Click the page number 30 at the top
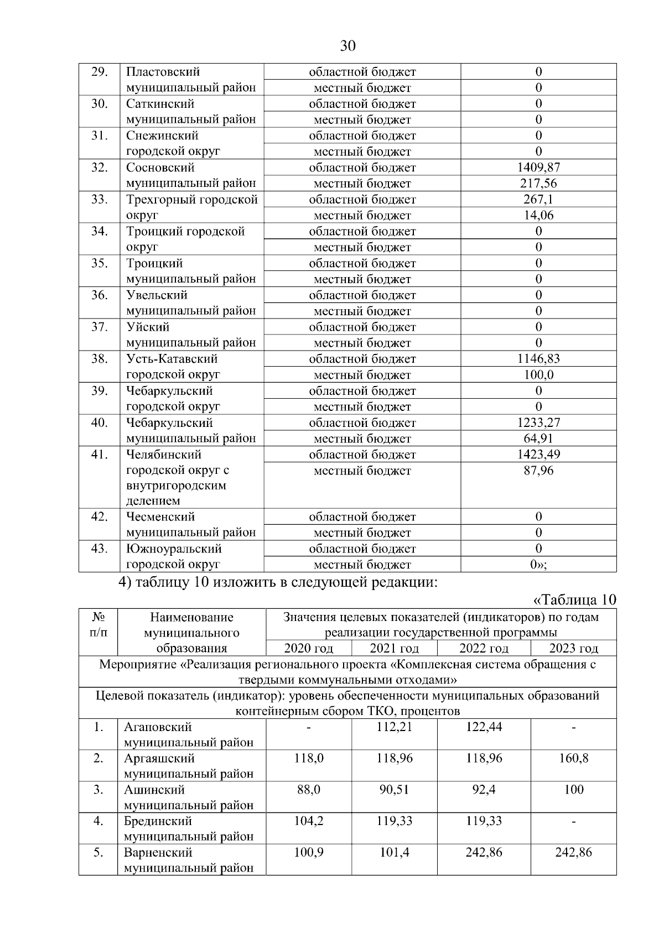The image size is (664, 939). pos(347,45)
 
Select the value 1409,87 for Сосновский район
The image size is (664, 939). pos(538,168)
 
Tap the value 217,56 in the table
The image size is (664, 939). pos(538,184)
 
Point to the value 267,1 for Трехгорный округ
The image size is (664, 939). pos(538,200)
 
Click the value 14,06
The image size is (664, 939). pos(538,216)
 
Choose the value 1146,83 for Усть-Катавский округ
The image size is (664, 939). pos(538,359)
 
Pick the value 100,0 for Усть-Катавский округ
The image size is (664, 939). pos(538,375)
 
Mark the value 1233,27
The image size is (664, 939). pos(538,423)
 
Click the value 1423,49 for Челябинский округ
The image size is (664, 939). pos(538,455)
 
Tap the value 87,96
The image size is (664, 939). pos(538,471)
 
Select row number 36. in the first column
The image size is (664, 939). pos(99,295)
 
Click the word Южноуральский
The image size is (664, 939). pos(174,549)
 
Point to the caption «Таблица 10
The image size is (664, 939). pos(574,601)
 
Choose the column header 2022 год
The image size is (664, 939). pos(484,649)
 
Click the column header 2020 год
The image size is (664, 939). pos(308,649)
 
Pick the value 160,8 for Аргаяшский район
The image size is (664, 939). pos(573,758)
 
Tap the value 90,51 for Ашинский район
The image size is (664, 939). pos(394,790)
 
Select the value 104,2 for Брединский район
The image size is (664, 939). pos(308,821)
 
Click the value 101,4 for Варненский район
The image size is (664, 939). pos(394,853)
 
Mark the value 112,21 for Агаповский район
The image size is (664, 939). pos(394,727)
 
